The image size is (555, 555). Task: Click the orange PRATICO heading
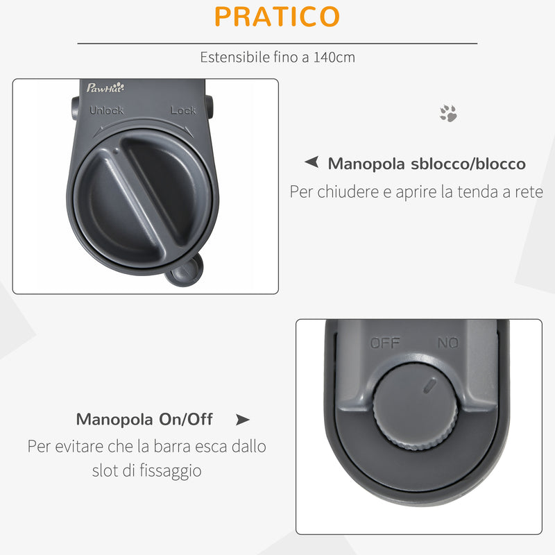277,17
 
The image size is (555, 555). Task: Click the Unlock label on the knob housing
107,110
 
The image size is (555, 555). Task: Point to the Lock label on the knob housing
183,110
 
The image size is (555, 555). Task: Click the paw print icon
448,114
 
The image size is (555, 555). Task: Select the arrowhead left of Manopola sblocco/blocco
312,163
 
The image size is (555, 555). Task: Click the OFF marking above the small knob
385,343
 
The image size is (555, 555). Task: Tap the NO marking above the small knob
447,343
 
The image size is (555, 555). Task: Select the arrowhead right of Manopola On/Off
242,420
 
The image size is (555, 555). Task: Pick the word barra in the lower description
167,445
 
